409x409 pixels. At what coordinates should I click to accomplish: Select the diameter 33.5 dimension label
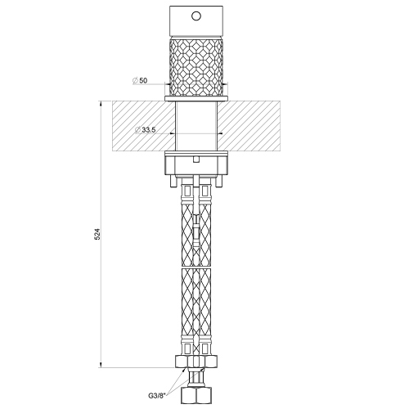(x=146, y=130)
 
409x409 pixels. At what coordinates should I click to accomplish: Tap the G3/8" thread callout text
(x=154, y=393)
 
